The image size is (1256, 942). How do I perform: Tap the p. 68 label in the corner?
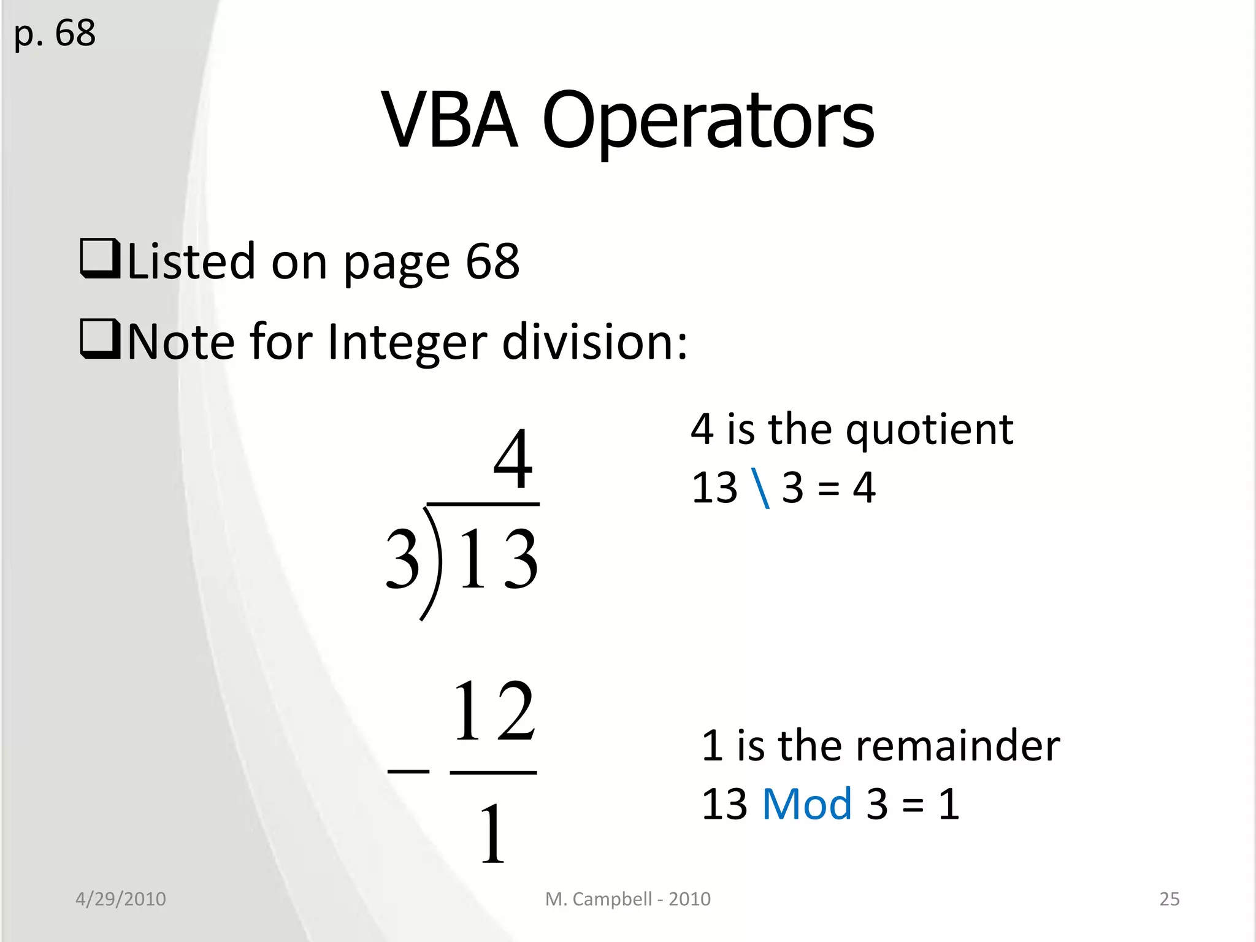pyautogui.click(x=55, y=33)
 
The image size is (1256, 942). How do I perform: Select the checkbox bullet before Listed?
pyautogui.click(x=99, y=259)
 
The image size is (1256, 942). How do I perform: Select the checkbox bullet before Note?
pyautogui.click(x=99, y=339)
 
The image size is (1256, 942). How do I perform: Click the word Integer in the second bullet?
pyautogui.click(x=407, y=342)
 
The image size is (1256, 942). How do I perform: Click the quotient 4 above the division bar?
pyautogui.click(x=513, y=458)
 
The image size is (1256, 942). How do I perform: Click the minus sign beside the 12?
pyautogui.click(x=408, y=771)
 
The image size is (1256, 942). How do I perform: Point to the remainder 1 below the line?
pyautogui.click(x=493, y=834)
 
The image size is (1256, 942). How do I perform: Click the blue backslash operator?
pyautogui.click(x=760, y=488)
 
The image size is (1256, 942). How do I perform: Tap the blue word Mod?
pyautogui.click(x=806, y=803)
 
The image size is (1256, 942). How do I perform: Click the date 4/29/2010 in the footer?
pyautogui.click(x=121, y=898)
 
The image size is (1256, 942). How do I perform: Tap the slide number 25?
pyautogui.click(x=1169, y=898)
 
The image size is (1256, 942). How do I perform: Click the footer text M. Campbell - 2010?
pyautogui.click(x=628, y=898)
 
